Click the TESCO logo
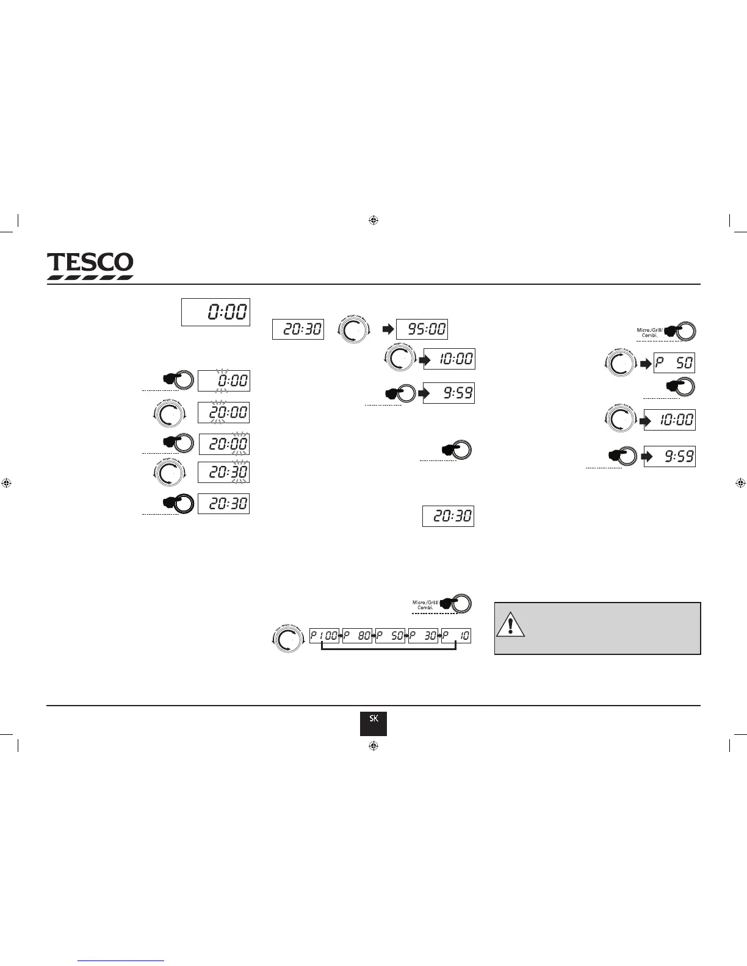(90, 266)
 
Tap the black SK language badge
(373, 723)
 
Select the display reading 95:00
(422, 329)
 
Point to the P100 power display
(324, 636)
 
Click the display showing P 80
(357, 636)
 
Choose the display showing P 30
(423, 636)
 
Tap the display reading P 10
(456, 636)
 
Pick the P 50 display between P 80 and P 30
(390, 636)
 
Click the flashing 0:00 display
(223, 381)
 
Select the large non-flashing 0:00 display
(215, 312)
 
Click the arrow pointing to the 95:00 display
(388, 330)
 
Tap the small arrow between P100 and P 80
(341, 636)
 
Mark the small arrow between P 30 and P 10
(439, 636)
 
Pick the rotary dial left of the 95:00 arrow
(353, 330)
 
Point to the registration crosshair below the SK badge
(374, 746)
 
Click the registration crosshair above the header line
(374, 220)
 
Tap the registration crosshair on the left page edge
(7, 483)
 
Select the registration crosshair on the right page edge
(740, 483)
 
